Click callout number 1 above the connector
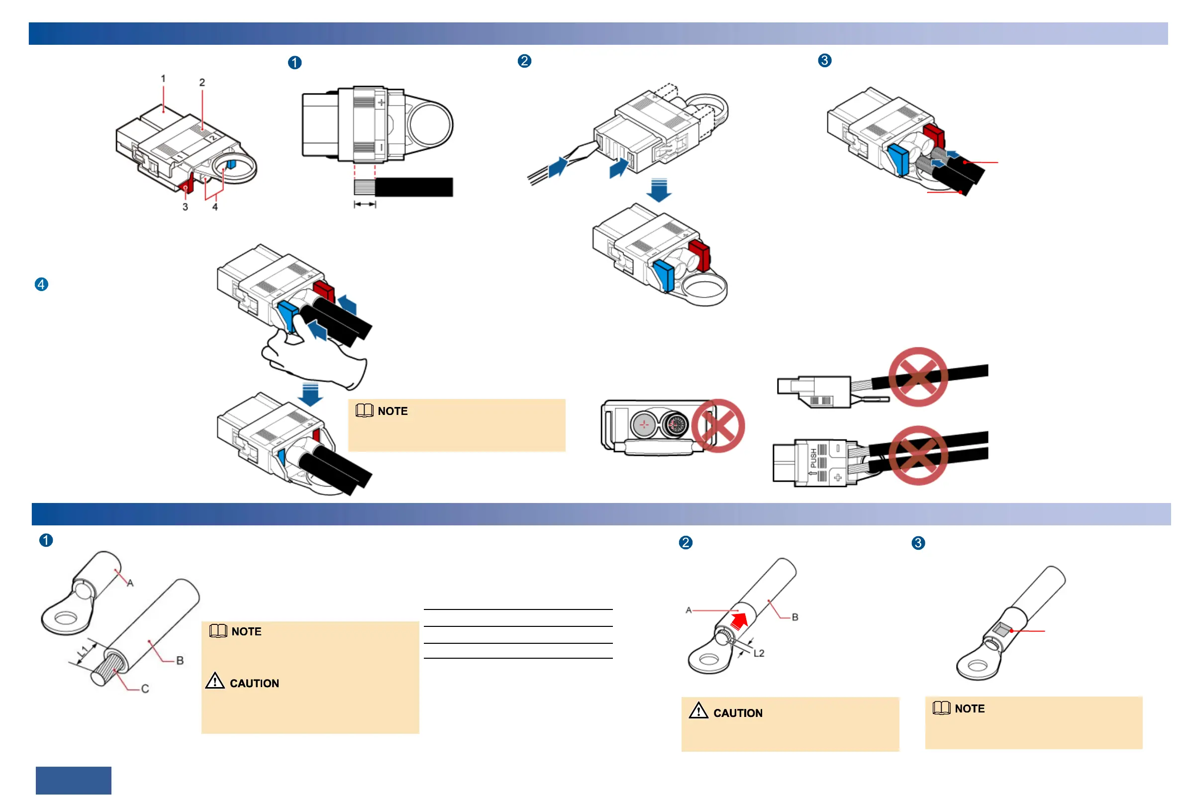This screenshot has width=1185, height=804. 163,79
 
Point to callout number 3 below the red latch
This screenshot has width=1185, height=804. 185,207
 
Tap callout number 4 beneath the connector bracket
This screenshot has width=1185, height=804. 215,207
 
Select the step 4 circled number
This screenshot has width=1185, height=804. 41,285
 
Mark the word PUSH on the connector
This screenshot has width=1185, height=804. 813,458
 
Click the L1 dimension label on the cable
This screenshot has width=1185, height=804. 84,652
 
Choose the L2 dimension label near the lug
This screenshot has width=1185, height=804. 759,653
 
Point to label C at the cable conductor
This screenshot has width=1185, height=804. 145,689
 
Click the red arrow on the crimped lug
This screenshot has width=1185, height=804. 739,620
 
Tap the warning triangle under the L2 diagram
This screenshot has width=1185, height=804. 698,710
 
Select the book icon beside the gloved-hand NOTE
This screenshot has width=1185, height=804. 364,410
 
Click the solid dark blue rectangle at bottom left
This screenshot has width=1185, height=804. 74,780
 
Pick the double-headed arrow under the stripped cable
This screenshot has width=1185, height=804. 365,204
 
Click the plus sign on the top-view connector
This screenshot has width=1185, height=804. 381,102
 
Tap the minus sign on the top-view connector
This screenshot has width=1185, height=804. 381,147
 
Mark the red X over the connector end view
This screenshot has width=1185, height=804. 718,426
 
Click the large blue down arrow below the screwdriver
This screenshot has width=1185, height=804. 659,190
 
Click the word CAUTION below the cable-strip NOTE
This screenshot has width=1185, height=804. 254,683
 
